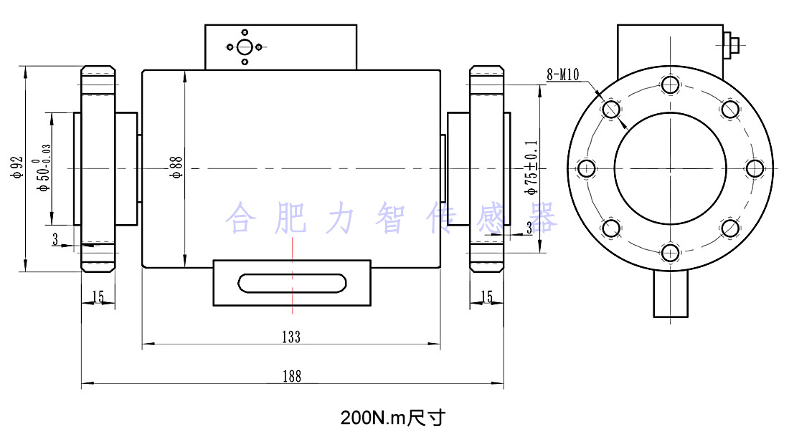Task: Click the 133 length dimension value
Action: [291, 337]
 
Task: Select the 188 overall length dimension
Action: [291, 376]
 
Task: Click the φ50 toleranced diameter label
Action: [44, 168]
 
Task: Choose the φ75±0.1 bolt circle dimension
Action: [531, 168]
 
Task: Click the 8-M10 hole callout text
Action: [563, 74]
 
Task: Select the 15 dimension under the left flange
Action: [98, 296]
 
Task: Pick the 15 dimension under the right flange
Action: [486, 296]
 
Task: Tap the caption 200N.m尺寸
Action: [393, 418]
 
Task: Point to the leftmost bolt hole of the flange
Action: [587, 169]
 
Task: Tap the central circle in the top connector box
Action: [245, 47]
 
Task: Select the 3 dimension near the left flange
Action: [55, 239]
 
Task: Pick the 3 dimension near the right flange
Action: [529, 228]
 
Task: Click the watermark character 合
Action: [240, 218]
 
